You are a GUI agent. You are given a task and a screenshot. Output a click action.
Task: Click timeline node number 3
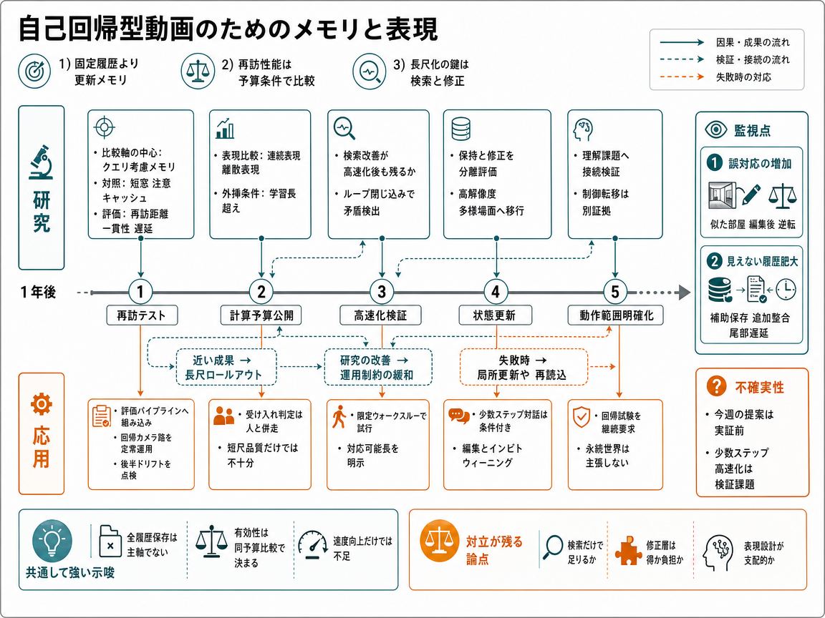click(x=382, y=292)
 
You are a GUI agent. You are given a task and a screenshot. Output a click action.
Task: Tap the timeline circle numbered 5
click(x=614, y=292)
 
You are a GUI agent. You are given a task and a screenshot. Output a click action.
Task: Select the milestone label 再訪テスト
click(x=141, y=315)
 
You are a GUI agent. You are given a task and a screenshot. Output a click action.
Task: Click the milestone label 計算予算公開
click(x=261, y=315)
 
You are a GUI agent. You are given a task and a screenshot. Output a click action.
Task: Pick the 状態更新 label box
click(x=495, y=315)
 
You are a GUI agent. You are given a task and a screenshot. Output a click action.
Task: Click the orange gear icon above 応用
click(x=42, y=405)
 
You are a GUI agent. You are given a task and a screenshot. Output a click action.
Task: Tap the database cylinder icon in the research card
click(x=461, y=129)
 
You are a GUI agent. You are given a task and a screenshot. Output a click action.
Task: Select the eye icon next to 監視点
click(x=715, y=129)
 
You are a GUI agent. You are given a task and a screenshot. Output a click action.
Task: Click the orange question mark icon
click(x=716, y=386)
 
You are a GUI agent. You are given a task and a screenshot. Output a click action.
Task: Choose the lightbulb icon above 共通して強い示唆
click(x=52, y=541)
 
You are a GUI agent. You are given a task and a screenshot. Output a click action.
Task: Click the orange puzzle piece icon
click(x=627, y=550)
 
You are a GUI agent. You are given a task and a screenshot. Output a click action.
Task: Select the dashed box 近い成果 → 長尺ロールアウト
click(x=226, y=367)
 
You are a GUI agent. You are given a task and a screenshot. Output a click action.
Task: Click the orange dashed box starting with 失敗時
click(x=524, y=367)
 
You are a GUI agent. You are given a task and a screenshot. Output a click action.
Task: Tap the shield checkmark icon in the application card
click(x=581, y=417)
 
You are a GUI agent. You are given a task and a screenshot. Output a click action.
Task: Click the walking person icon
click(x=339, y=417)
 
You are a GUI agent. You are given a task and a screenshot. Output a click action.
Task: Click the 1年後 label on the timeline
click(x=39, y=292)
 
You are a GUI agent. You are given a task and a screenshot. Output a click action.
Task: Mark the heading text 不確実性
click(x=759, y=387)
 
